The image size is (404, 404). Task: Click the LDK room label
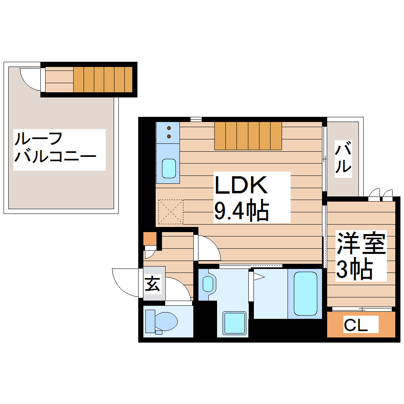click(x=241, y=185)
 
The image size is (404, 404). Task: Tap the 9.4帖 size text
click(x=242, y=210)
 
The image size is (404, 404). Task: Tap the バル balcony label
click(x=343, y=158)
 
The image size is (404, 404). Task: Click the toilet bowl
click(x=162, y=321)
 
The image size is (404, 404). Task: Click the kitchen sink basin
click(x=168, y=168)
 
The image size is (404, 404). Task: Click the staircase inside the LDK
click(x=248, y=135)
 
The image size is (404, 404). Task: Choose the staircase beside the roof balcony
click(x=103, y=79)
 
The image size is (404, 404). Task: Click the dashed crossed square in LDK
click(x=171, y=212)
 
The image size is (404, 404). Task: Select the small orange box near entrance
click(x=150, y=238)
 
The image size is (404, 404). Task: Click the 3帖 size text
click(x=354, y=269)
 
